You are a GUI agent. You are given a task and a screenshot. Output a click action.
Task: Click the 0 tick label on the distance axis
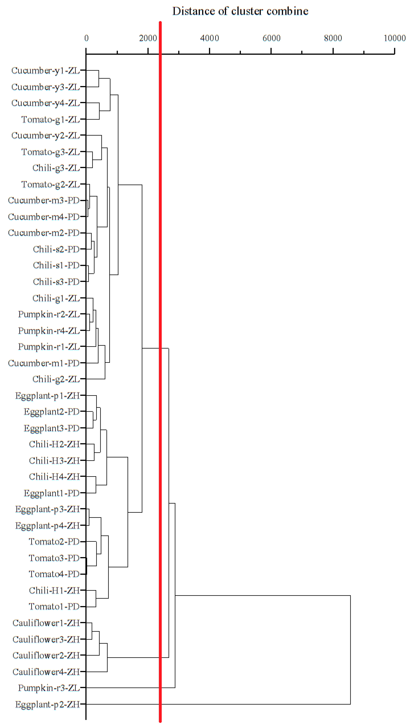[x=86, y=38]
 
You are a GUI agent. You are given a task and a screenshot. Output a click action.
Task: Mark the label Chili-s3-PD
[x=56, y=282]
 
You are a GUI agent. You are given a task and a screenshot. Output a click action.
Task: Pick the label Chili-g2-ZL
[x=56, y=379]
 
